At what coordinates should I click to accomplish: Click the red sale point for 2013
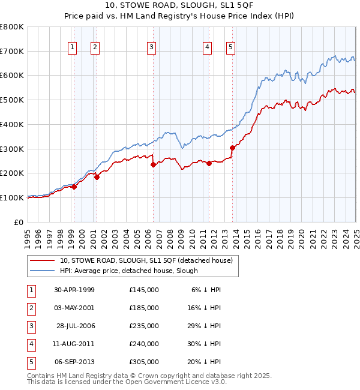(232, 147)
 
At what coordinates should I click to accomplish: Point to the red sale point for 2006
(153, 164)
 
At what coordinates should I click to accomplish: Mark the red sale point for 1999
(74, 187)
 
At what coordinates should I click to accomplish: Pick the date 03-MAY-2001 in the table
(74, 308)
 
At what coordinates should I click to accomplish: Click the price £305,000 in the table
(144, 362)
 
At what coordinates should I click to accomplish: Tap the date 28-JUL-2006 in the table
(75, 326)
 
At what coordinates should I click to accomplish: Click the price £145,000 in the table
(144, 290)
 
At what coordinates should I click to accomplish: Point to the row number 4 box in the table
(30, 344)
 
